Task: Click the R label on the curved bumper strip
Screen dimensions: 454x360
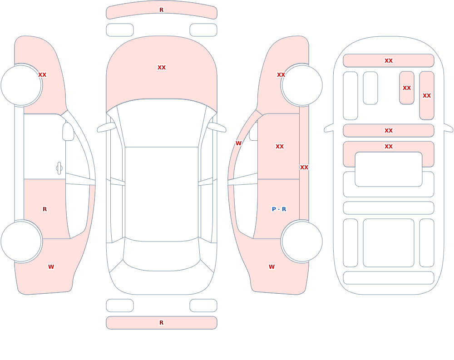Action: (161, 10)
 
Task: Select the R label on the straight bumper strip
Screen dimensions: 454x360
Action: (161, 323)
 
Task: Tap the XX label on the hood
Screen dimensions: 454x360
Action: (162, 68)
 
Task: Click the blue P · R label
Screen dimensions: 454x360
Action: (279, 209)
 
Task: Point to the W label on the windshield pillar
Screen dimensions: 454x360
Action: (238, 143)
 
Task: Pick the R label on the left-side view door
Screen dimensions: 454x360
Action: (44, 209)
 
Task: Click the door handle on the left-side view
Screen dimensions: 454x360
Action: (59, 168)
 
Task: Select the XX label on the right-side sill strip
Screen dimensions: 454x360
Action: (304, 168)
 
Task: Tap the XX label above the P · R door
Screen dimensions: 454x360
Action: (279, 147)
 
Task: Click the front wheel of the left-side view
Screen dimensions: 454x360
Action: (21, 85)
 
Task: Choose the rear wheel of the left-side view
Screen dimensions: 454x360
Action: (21, 241)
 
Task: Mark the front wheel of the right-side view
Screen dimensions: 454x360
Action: (302, 85)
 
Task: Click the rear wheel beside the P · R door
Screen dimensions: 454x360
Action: (302, 241)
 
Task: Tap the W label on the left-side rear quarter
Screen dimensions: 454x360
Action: (51, 267)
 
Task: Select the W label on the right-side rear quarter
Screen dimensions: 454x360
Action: (271, 267)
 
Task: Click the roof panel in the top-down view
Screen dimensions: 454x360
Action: (162, 194)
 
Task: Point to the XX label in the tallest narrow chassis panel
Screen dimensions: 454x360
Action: (426, 96)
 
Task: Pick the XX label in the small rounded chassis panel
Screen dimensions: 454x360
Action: (406, 88)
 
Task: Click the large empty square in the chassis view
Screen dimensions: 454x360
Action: (389, 243)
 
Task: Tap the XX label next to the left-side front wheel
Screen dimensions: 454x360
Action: (42, 75)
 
